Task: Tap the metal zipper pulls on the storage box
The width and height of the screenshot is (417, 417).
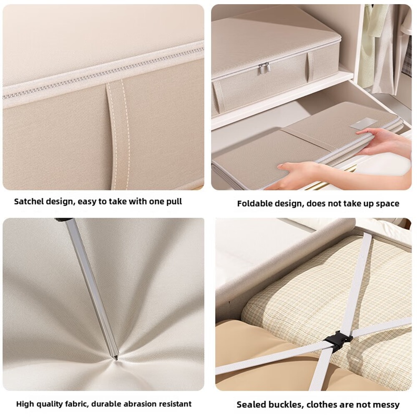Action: tap(263, 68)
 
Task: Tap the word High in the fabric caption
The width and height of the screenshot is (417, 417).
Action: tap(24, 404)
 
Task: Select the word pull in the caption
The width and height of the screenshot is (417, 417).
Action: tap(174, 201)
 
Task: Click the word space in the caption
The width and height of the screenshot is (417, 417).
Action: tap(388, 203)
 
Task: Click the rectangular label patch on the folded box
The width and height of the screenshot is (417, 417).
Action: tap(364, 123)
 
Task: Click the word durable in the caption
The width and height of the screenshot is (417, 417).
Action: tap(106, 404)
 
